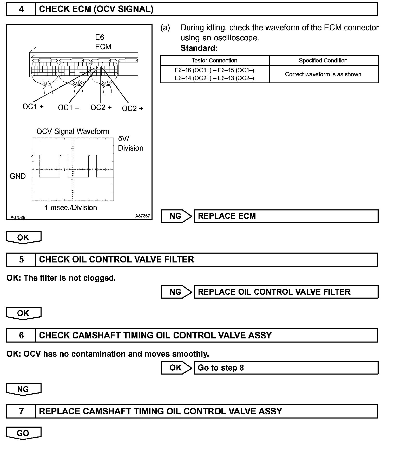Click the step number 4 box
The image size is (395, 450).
coord(21,9)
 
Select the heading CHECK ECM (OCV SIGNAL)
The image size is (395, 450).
coord(96,9)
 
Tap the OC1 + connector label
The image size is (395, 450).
coord(33,107)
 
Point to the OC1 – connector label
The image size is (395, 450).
coord(69,108)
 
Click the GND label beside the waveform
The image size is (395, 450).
coord(18,176)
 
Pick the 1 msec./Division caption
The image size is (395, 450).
coord(71,208)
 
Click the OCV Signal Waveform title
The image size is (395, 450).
coord(73,131)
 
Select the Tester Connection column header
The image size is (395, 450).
coord(214,60)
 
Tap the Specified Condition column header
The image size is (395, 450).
coord(323,60)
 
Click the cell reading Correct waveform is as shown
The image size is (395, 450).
coord(323,74)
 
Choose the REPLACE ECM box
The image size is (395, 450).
coord(286,216)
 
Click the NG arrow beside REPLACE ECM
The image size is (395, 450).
coord(176,216)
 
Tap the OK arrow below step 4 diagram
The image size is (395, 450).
coord(23,237)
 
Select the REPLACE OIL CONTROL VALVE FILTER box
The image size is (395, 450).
coord(286,292)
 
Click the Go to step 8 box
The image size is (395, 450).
coord(286,368)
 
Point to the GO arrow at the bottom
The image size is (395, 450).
coord(23,433)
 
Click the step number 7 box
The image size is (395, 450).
coord(21,411)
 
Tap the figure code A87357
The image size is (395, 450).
coord(142,216)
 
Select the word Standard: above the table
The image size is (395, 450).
coord(199,48)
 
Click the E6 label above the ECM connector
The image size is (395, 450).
coord(100,37)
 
